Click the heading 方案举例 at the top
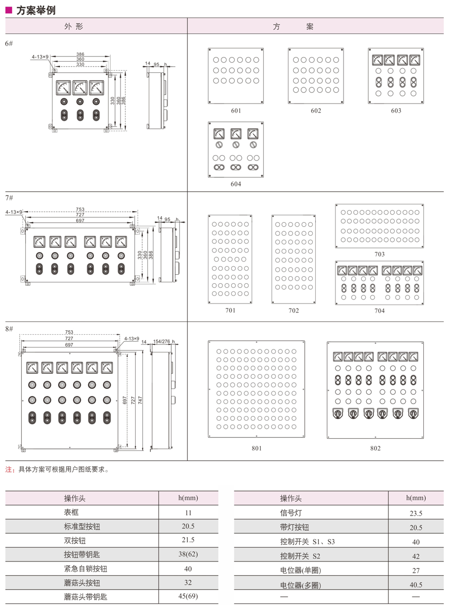coord(35,10)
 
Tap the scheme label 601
coord(236,111)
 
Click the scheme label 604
coord(236,184)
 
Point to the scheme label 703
coord(379,254)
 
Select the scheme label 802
coord(375,448)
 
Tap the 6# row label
coord(9,43)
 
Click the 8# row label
coord(9,329)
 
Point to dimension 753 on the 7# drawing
coord(80,210)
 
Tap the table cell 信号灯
coord(291,513)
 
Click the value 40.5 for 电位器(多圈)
coord(416,584)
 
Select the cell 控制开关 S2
coord(300,556)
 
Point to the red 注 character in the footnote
coord(8,469)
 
